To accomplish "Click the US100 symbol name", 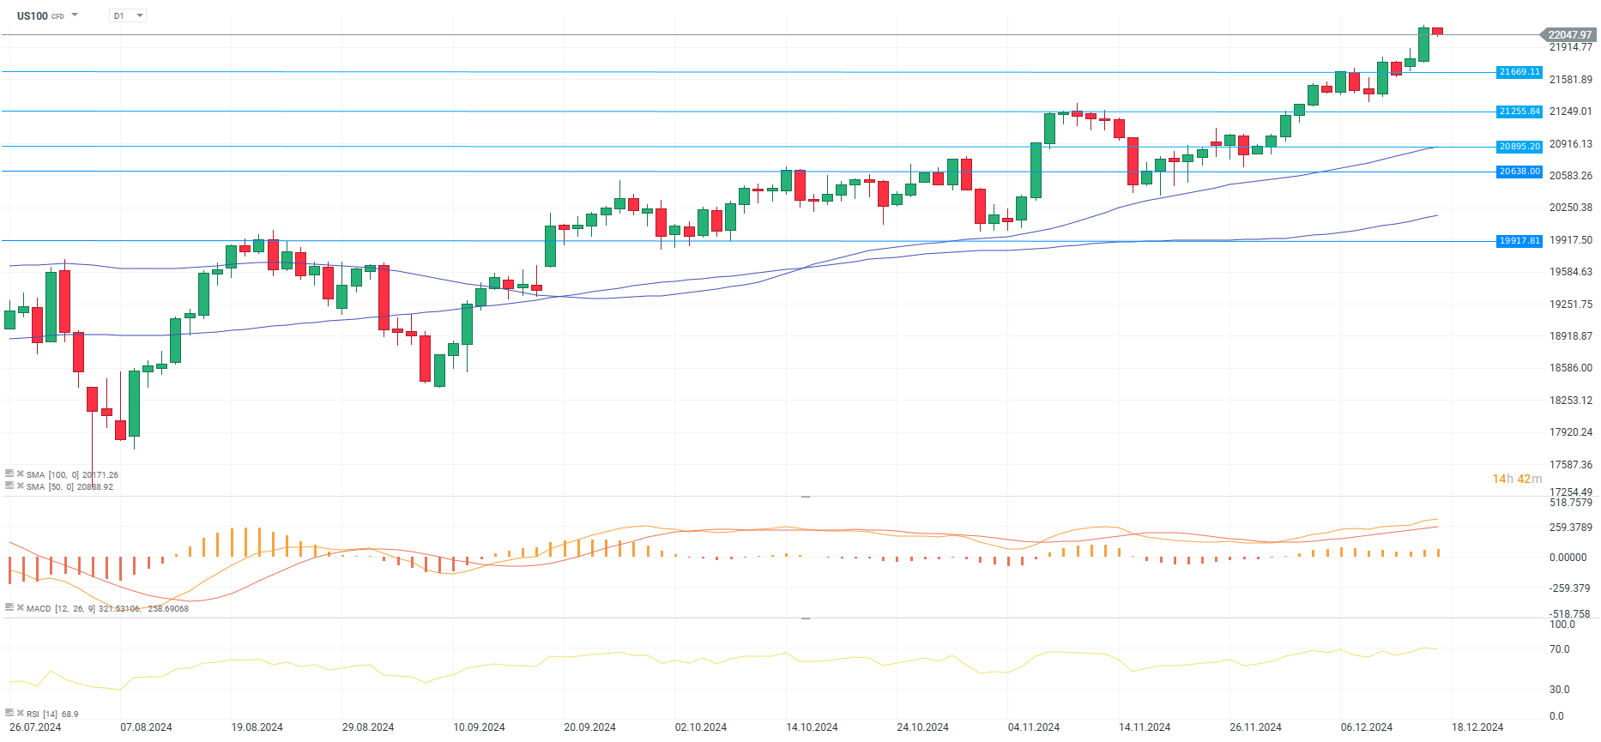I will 33,15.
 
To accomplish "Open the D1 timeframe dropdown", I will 128,15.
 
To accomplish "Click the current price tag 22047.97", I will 1568,35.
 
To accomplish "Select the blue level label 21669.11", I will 1519,72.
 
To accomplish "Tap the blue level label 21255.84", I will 1519,112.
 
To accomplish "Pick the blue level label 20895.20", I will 1519,147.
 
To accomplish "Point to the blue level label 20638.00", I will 1519,172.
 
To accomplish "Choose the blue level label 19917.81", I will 1519,241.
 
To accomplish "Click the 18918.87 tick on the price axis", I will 1570,336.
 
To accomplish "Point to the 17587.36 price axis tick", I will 1570,465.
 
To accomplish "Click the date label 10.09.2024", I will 479,727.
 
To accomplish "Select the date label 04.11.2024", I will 1033,727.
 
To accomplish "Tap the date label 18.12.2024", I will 1477,727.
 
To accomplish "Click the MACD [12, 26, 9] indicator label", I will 60,608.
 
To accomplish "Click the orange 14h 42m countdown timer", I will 1516,479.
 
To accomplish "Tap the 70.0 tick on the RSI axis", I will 1559,649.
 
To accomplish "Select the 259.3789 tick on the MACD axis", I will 1570,528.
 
